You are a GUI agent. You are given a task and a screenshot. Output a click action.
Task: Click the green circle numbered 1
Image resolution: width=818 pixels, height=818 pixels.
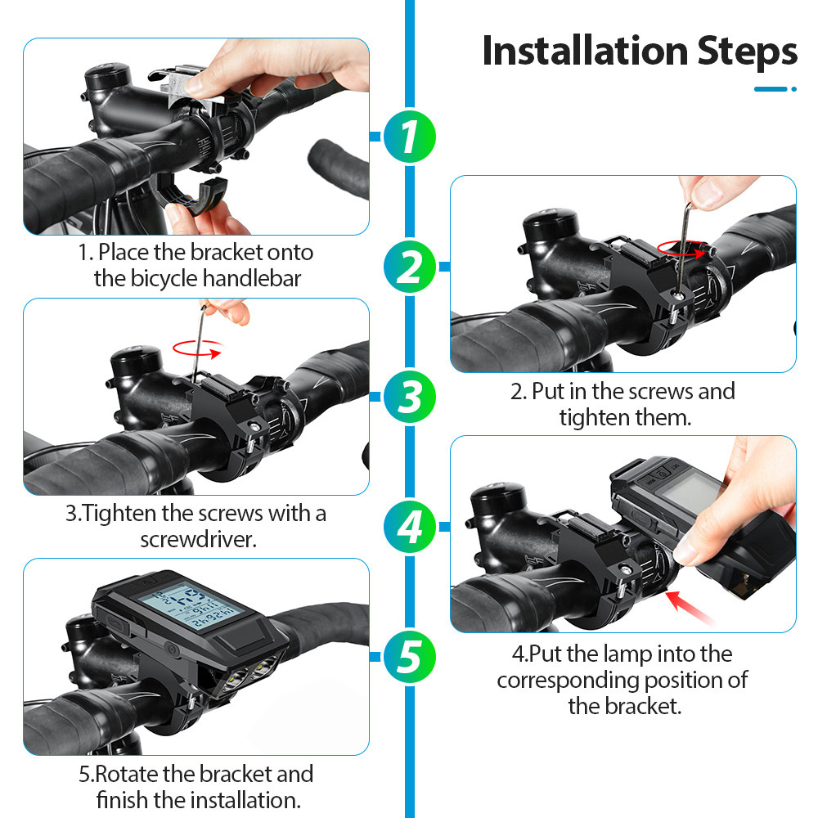410,136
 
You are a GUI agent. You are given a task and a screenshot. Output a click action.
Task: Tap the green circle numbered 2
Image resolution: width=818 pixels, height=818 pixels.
410,267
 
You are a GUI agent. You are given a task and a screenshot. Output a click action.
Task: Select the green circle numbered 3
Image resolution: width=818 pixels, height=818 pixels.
410,397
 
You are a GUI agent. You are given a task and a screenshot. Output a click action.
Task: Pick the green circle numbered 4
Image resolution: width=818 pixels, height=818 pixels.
410,527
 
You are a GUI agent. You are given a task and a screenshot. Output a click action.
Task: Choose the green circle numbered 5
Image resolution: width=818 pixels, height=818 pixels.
410,657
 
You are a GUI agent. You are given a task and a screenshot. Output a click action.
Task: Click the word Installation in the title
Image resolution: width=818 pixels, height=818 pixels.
586,51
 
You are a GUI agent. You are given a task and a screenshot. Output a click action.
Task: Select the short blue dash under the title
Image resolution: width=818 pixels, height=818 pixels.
771,89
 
